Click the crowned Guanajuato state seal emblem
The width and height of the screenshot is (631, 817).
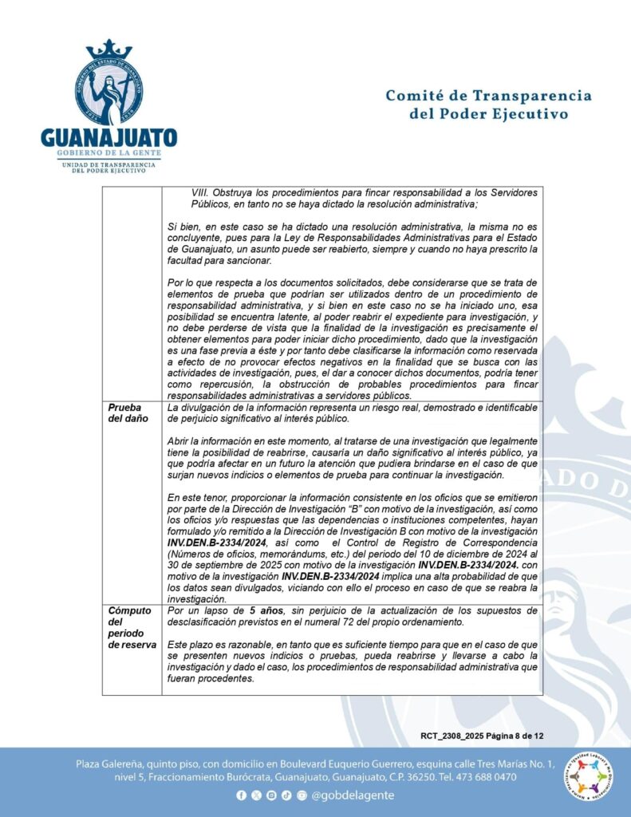click(109, 83)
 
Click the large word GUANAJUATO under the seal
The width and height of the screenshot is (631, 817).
click(109, 137)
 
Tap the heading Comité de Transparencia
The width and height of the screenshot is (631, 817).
click(488, 97)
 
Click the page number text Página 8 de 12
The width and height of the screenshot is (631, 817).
click(513, 736)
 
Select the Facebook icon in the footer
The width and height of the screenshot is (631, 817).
click(241, 796)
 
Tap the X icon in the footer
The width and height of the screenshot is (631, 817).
click(256, 796)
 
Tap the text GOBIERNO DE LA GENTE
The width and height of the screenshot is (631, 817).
click(109, 152)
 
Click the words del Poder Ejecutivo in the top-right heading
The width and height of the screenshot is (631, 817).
click(488, 114)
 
